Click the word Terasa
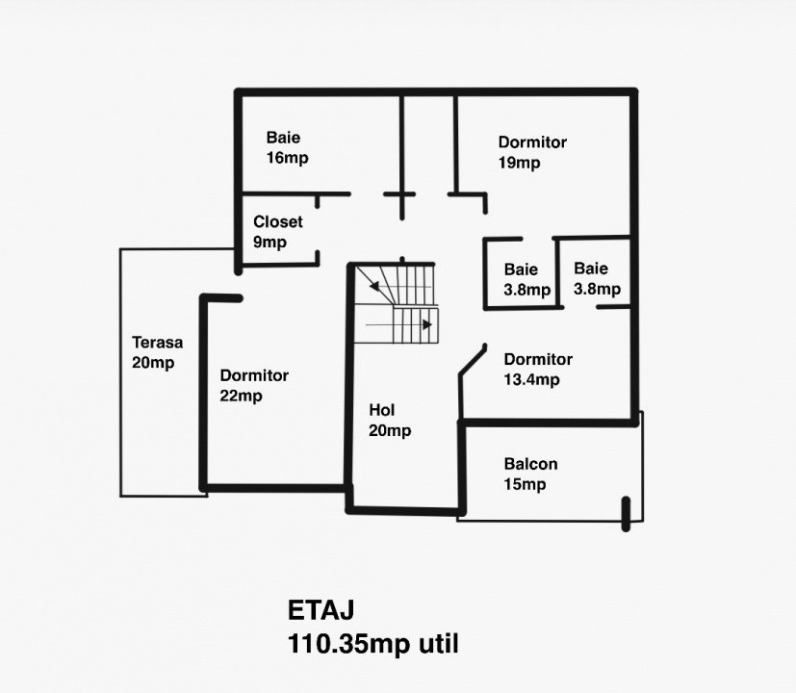click(x=157, y=342)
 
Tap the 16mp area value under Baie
click(x=287, y=158)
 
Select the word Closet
click(x=277, y=221)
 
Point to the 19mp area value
click(x=519, y=163)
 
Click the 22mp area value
click(x=241, y=396)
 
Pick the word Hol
click(x=381, y=410)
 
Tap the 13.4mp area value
click(x=532, y=379)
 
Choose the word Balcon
click(x=530, y=464)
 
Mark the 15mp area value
click(x=525, y=484)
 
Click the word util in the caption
click(x=438, y=643)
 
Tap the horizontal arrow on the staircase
click(x=399, y=325)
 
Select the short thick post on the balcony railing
click(x=626, y=513)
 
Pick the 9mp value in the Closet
click(x=270, y=243)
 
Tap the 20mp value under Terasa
click(x=153, y=363)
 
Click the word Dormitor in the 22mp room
click(x=253, y=375)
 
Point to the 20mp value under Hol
click(x=389, y=430)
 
